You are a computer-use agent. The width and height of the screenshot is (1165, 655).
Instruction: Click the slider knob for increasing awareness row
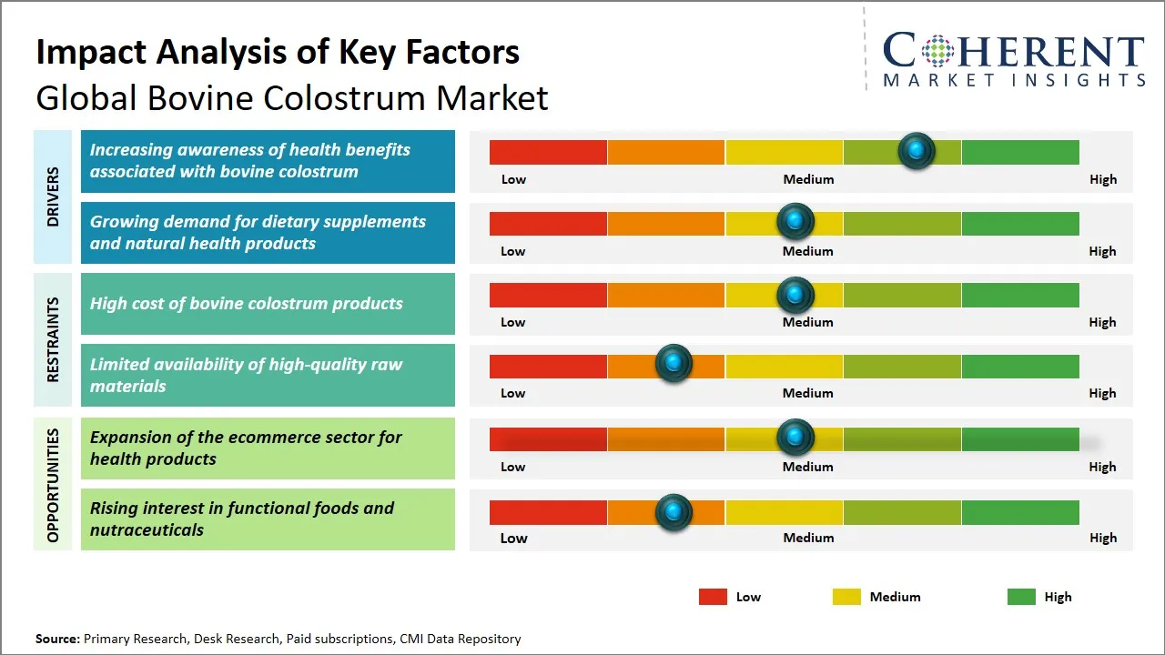(x=917, y=150)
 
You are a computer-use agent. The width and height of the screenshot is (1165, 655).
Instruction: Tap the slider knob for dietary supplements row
(x=795, y=221)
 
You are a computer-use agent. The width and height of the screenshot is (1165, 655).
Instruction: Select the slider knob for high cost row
(x=795, y=295)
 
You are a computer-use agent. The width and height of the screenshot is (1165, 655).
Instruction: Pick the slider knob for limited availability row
(x=674, y=364)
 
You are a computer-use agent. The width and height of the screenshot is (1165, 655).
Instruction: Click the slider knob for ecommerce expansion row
(x=795, y=438)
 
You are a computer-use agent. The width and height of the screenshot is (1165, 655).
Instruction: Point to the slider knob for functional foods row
(x=674, y=512)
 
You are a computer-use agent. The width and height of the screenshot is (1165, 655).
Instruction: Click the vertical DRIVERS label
(x=53, y=196)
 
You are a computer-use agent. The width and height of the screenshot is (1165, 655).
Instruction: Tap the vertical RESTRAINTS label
(x=53, y=339)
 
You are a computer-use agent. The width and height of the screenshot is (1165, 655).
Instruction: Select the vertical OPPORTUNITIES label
(x=53, y=485)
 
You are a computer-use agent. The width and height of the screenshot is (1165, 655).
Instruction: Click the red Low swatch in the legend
(x=713, y=597)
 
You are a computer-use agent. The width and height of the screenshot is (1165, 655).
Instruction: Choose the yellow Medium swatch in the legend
(x=846, y=597)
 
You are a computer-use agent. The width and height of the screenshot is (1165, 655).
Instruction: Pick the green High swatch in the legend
(x=1021, y=597)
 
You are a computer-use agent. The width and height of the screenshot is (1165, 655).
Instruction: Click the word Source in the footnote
(x=57, y=640)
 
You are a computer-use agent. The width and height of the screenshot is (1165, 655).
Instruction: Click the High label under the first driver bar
(x=1102, y=179)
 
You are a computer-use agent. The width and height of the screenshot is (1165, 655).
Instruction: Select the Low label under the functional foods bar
(x=513, y=538)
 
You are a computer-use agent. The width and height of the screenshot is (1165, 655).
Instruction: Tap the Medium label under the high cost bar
(x=808, y=322)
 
